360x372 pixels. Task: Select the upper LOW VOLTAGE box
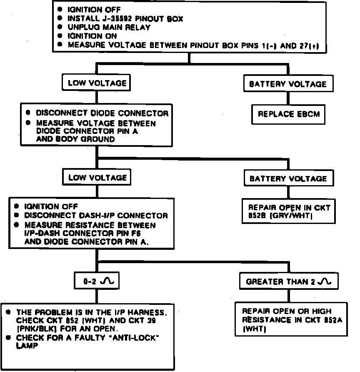pos(97,83)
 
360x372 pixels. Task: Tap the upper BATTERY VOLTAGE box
pos(287,84)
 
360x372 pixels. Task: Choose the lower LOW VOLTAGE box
pos(97,178)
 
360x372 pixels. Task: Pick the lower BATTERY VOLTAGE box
pos(287,178)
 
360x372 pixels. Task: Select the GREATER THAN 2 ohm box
pos(288,282)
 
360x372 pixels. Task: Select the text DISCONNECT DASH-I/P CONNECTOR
pos(96,216)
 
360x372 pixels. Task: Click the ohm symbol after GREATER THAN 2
pos(323,282)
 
